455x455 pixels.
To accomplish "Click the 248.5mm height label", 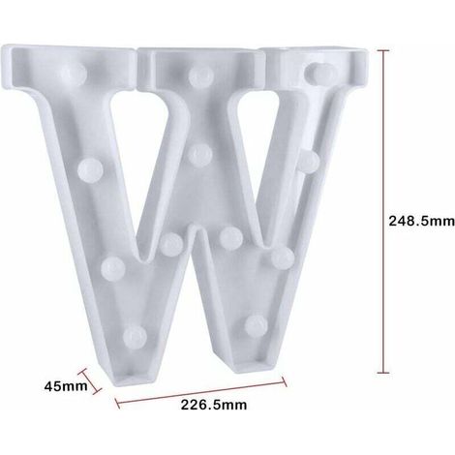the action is [x=421, y=222].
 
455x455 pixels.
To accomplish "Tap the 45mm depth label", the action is [x=66, y=386].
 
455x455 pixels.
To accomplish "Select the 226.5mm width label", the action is [x=214, y=405].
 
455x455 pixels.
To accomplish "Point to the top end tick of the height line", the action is [x=383, y=50].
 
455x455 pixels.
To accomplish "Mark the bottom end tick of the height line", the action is [x=383, y=373].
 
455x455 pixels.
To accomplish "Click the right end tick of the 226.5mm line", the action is [x=284, y=381].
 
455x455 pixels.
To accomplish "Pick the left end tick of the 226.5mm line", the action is [x=117, y=403].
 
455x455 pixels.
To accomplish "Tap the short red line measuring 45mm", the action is [x=91, y=381].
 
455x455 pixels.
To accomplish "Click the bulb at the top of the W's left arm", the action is [x=75, y=73].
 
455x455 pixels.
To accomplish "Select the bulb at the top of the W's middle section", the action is [x=201, y=76].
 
